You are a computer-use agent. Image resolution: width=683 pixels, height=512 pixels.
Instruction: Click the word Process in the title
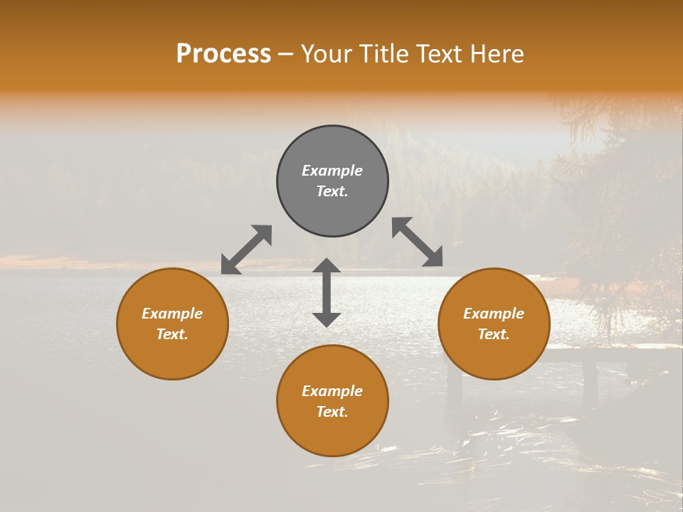pos(223,54)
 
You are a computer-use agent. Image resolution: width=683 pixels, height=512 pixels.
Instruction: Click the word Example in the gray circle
pos(332,171)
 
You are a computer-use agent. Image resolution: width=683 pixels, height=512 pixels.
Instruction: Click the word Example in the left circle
pos(172,314)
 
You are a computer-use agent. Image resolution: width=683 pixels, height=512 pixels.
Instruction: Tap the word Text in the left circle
pos(171,334)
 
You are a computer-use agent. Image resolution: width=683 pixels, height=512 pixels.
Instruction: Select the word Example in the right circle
pos(494,314)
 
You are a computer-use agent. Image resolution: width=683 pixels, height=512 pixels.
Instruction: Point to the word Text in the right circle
pos(493,334)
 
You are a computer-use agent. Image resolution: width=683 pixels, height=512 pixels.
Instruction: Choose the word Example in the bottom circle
pos(332,391)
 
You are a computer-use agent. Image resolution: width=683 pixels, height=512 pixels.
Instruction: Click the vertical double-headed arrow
pos(327,292)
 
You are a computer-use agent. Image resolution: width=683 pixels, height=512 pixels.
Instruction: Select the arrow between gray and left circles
pos(246,250)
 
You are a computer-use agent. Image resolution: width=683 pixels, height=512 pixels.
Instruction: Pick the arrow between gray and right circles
pos(417,242)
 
